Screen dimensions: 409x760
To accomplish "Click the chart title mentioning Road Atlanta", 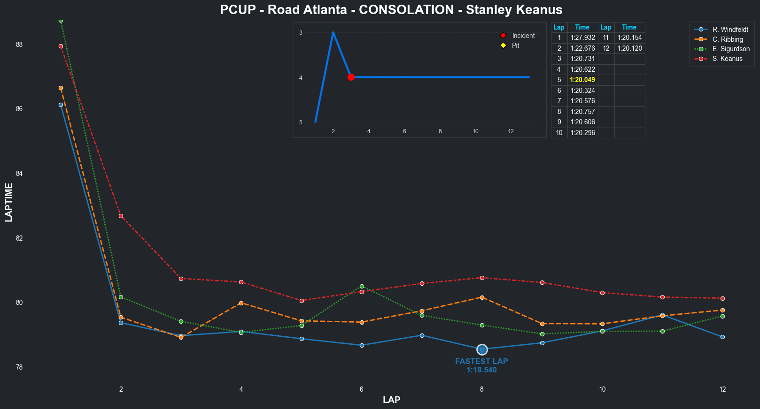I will [391, 10].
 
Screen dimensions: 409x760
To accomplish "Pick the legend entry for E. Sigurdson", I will [731, 49].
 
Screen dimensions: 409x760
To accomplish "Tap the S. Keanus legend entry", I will [727, 59].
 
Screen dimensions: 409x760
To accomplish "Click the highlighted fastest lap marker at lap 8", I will [482, 349].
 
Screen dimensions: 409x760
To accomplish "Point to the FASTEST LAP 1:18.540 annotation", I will [481, 365].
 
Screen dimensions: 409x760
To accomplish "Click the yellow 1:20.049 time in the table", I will [582, 80].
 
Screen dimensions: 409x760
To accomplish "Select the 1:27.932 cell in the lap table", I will [582, 38].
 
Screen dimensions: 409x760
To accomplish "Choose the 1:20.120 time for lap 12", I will [629, 48].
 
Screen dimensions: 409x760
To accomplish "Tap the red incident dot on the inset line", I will [351, 77].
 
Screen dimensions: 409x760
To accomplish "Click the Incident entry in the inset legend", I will [523, 36].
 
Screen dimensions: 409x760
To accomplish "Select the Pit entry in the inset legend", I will [515, 45].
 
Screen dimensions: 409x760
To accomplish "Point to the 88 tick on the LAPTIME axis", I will [19, 45].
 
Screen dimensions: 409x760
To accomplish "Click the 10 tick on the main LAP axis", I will [602, 389].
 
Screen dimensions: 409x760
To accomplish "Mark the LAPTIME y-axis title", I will [9, 203].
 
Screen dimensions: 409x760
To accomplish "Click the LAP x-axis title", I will [391, 400].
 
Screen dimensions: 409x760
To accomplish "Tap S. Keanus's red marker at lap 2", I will [121, 216].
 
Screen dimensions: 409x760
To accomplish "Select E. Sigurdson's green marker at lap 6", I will [362, 286].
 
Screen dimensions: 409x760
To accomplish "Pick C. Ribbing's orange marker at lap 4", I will [241, 303].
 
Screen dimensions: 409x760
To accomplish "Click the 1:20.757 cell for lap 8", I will [582, 112].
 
